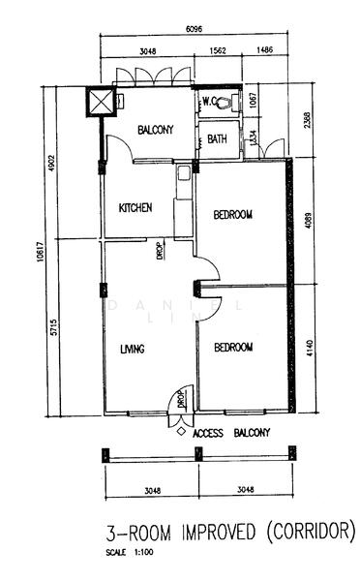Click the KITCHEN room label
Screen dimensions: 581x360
point(135,208)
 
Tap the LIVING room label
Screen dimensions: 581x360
point(132,350)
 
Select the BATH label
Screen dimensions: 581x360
point(217,139)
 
